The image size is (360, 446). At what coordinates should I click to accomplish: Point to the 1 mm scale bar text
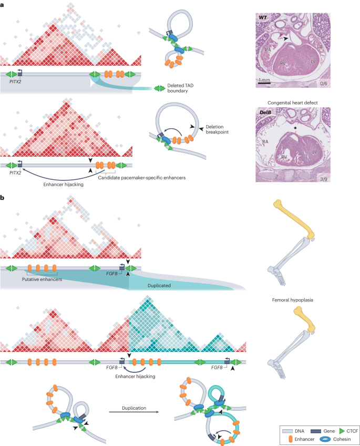point(264,79)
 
